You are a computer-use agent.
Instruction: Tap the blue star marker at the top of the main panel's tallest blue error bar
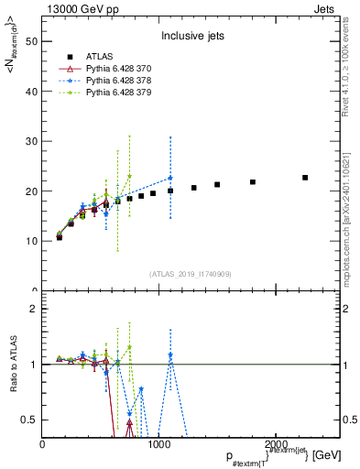[170, 178]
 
